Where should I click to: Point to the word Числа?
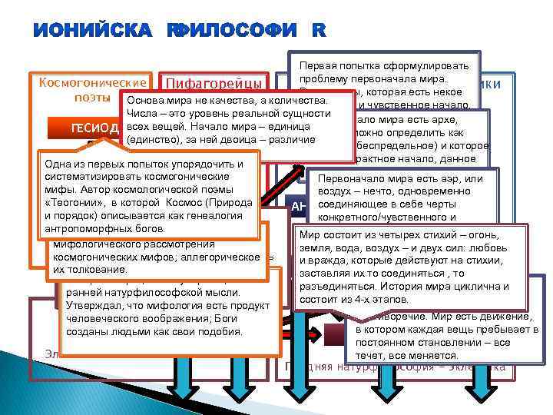[x=143, y=114]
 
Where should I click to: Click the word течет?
[x=372, y=356]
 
